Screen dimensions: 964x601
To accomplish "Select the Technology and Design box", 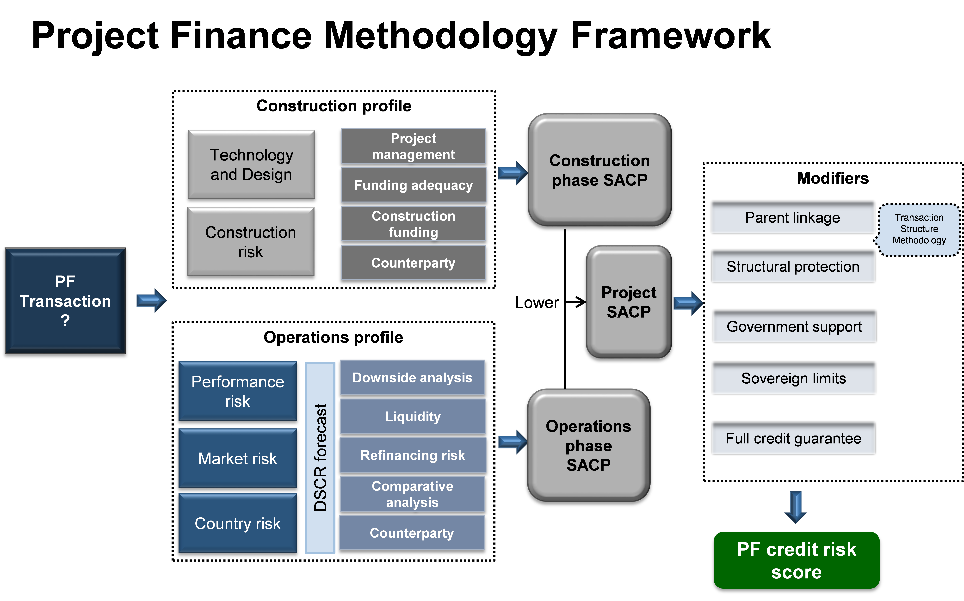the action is coord(251,164).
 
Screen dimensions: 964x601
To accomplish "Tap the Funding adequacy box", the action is coord(413,185).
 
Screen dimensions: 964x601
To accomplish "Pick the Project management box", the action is coord(413,146).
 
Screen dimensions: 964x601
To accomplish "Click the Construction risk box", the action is coord(251,242).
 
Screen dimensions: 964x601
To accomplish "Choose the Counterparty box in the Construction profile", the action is coord(413,263).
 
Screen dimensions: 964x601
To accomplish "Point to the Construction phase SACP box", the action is coord(599,170).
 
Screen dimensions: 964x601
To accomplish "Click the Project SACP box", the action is coord(629,302).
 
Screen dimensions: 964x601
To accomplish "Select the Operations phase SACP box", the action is coord(589,445).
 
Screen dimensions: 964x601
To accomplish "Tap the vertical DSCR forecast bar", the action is coord(320,458).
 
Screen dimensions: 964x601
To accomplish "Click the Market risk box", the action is coord(238,458).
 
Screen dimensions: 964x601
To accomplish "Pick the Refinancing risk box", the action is coord(413,455).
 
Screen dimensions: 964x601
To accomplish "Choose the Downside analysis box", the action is coord(413,377).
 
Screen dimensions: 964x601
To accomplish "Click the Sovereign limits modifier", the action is coord(794,378).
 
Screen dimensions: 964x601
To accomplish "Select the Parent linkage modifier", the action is coord(793,217).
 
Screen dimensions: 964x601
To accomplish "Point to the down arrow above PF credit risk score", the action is coord(795,507).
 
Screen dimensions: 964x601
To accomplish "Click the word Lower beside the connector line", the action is coord(537,302).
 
